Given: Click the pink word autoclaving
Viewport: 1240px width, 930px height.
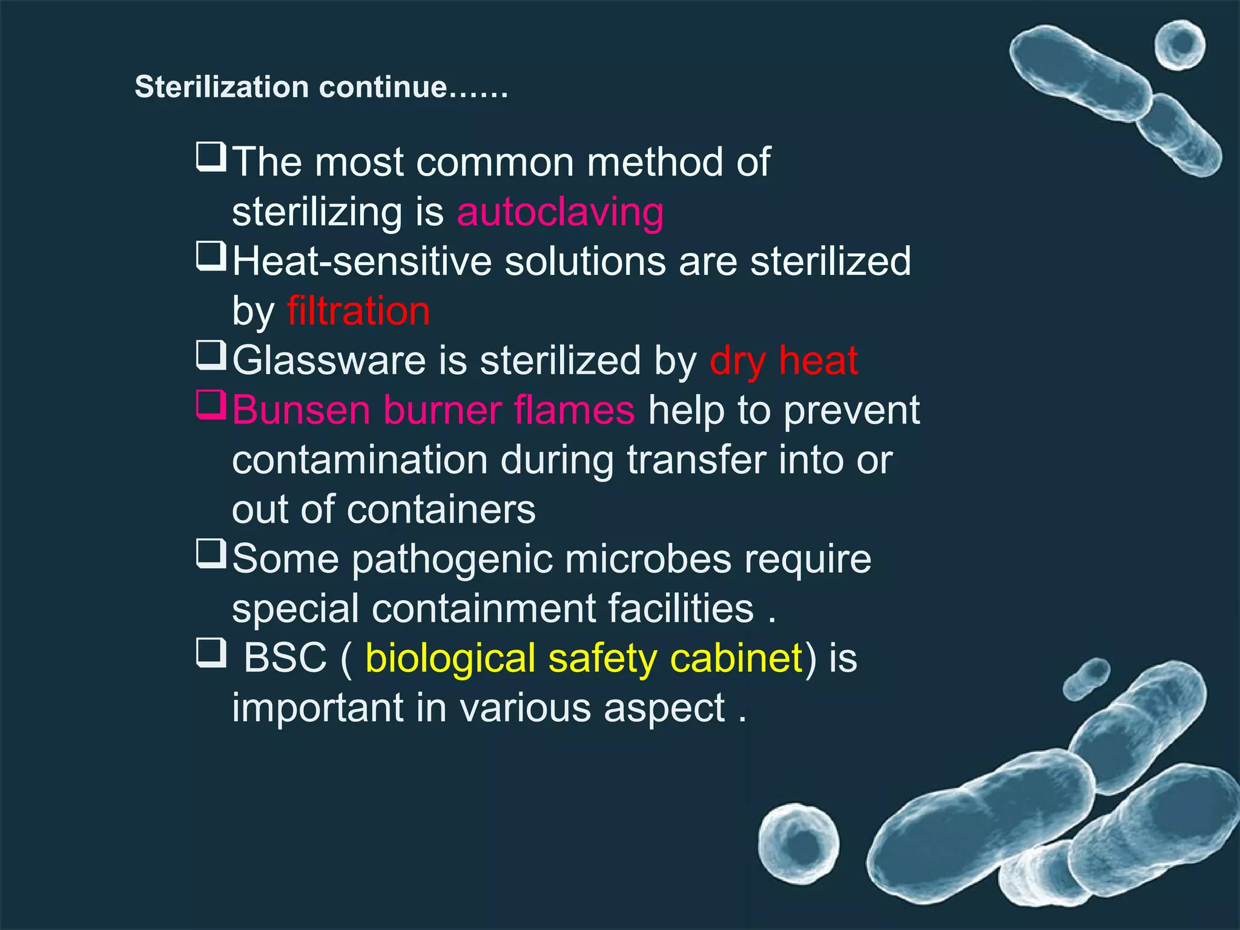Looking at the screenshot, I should pos(560,213).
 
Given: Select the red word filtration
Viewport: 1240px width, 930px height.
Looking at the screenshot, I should pos(358,311).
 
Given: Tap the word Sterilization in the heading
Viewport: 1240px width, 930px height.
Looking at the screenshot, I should pos(222,87).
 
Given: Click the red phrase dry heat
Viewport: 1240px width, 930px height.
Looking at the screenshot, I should pos(783,361).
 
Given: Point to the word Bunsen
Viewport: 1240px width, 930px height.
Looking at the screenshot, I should pos(301,411).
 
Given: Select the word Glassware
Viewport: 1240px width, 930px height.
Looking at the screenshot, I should pos(330,361).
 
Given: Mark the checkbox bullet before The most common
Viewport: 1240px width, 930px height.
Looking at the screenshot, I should pos(211,157).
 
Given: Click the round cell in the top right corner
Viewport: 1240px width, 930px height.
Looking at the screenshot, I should pos(1179,45).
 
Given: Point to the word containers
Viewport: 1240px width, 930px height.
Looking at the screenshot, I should pos(441,509).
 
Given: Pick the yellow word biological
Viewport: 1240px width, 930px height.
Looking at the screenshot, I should pos(450,658).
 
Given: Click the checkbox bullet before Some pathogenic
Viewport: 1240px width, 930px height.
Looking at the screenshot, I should pos(211,553).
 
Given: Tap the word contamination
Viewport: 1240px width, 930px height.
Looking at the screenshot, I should pos(360,460).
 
